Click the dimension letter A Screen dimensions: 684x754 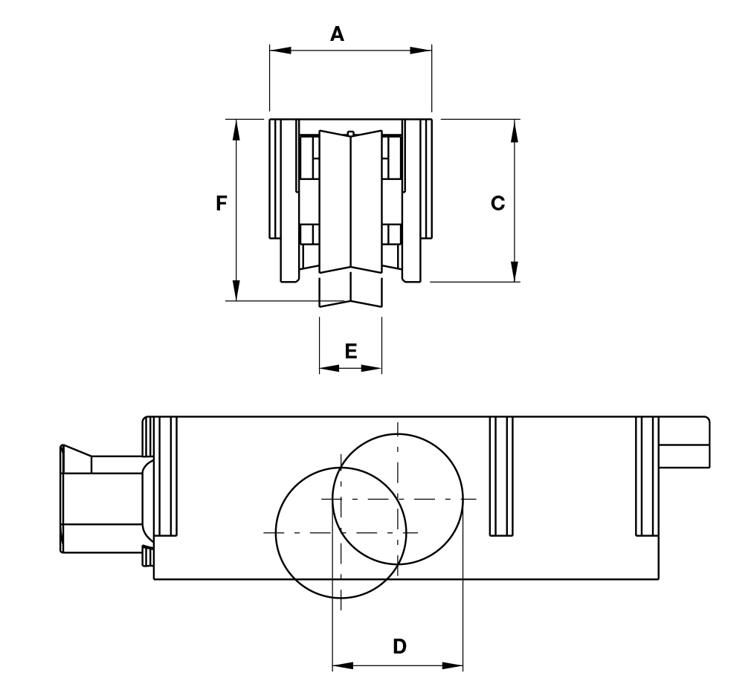click(338, 34)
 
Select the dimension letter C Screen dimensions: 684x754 click(497, 203)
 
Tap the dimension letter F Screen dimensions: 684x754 click(221, 203)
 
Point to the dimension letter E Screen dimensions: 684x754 click(351, 351)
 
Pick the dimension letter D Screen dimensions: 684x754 click(399, 646)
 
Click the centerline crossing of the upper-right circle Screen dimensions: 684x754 click(398, 499)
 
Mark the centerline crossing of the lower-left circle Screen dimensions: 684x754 click(341, 532)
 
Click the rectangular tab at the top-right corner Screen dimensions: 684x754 click(684, 443)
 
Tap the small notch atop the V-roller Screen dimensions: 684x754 click(351, 134)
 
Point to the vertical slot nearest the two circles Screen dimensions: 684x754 click(501, 476)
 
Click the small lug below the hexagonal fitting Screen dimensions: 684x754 click(147, 555)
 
